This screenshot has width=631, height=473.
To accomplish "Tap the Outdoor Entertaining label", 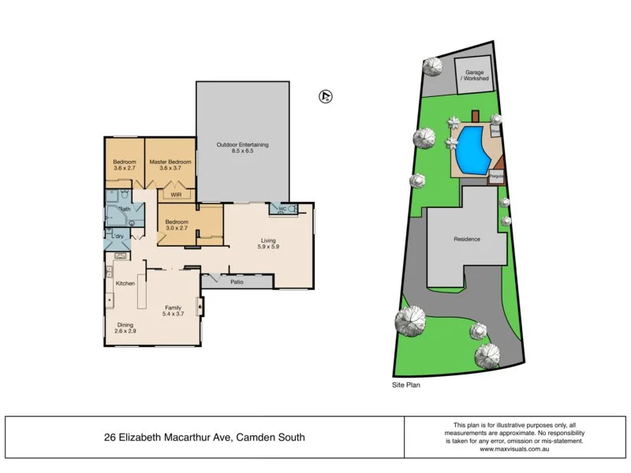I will (x=243, y=144).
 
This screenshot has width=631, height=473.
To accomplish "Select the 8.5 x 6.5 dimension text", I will (x=243, y=152).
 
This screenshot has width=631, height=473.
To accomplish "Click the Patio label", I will (x=236, y=281).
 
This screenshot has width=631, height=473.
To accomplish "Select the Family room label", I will (x=173, y=307).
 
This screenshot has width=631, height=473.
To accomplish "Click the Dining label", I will (x=125, y=324).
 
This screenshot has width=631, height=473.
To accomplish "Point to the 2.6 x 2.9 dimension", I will (x=125, y=332).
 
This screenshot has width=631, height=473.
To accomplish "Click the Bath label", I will (x=124, y=209).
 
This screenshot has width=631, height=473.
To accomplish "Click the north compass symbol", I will (x=323, y=97).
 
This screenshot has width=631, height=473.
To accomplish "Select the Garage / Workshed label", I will (x=476, y=76).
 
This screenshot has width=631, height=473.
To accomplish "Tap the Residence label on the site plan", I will (x=466, y=239).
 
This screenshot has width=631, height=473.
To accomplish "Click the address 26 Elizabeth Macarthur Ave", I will (x=204, y=437).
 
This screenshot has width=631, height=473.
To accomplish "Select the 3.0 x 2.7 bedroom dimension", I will (x=176, y=230).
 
